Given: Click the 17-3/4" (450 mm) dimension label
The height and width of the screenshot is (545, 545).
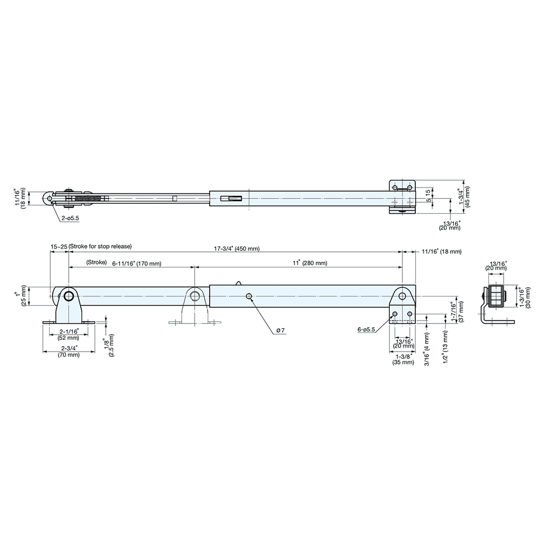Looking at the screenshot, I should pos(237,249).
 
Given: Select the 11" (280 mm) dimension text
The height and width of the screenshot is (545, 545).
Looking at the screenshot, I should pos(309,263).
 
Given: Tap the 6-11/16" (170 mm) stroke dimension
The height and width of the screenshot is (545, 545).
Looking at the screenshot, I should pos(137,263).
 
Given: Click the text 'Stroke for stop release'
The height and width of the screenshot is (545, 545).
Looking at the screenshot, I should pos(101,246).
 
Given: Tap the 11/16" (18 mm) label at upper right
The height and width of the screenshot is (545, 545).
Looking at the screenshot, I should pos(442,251).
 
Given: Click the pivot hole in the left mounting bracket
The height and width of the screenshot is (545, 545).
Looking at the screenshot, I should pos(69,296).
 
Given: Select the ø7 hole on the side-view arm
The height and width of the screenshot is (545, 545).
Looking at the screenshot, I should pos(249,296).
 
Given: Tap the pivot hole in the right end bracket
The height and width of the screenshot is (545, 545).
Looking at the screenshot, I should pos(402,296).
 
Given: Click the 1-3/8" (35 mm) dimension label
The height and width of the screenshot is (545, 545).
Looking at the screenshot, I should pos(402,359).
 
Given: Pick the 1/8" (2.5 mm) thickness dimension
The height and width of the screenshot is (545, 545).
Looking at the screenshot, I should pos(108,344).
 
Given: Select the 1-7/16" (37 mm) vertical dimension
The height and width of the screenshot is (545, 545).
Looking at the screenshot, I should pos(457,313).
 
